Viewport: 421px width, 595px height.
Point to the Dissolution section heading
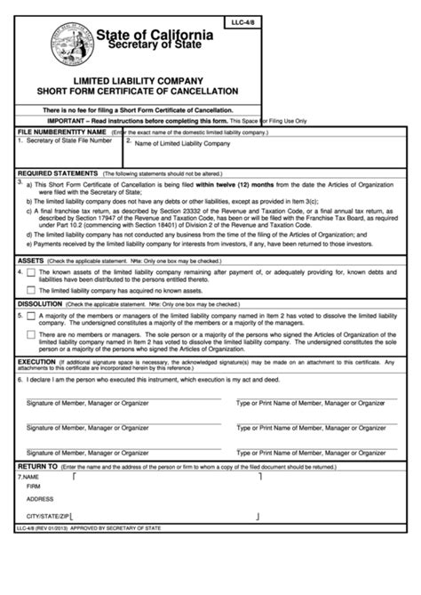(x=40, y=304)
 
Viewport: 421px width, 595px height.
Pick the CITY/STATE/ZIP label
(x=48, y=515)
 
